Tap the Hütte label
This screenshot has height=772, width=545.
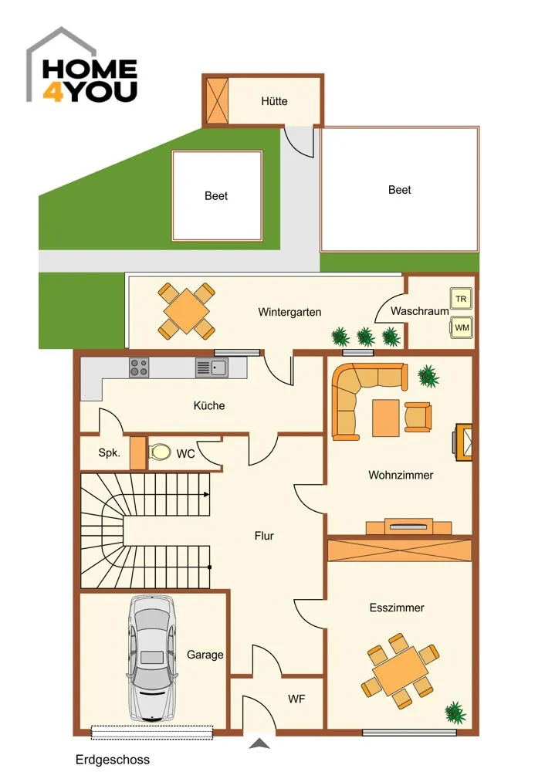(x=274, y=101)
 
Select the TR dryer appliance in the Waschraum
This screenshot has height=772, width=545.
(x=461, y=298)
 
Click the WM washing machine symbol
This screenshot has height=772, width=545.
(x=462, y=327)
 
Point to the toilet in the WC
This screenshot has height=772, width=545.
(x=159, y=452)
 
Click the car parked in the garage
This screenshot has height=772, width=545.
(x=151, y=659)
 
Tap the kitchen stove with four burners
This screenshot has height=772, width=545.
(x=139, y=367)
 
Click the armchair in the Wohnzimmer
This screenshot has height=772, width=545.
(x=418, y=417)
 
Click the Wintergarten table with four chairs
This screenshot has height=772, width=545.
(x=187, y=311)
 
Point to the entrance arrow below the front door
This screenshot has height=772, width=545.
(x=259, y=743)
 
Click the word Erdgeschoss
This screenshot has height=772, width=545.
(x=112, y=760)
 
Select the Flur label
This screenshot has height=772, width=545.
(x=264, y=536)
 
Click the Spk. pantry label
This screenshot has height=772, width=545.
(x=110, y=453)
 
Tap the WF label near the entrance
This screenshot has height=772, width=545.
(x=296, y=699)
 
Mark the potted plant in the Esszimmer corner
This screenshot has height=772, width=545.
(x=455, y=713)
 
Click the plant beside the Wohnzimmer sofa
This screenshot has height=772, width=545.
(x=428, y=376)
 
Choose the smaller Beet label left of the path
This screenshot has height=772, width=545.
(x=216, y=196)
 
